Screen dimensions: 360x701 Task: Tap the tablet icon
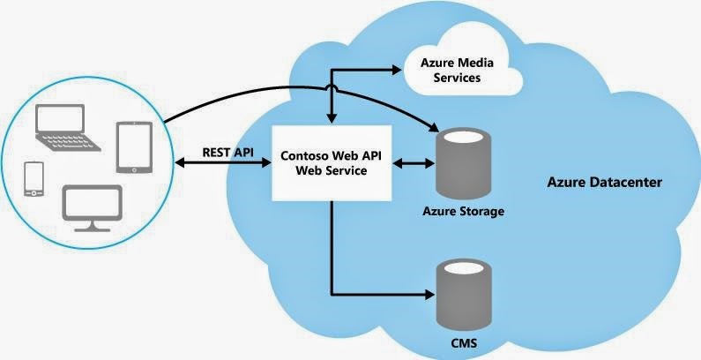(134, 146)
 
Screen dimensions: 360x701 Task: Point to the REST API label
(227, 152)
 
